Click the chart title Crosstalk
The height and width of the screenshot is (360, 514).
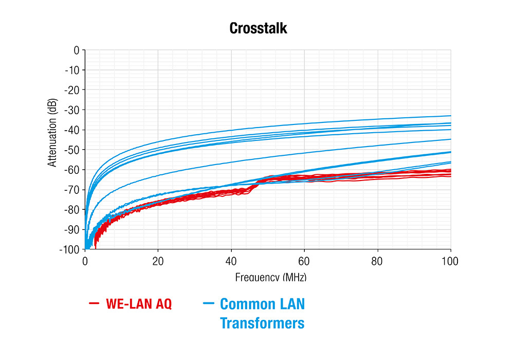258,28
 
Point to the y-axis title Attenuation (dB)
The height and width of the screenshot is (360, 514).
52,133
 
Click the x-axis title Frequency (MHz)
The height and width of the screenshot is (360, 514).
271,277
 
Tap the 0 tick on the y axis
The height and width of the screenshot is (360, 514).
76,50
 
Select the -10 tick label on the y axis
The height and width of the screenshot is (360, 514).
72,70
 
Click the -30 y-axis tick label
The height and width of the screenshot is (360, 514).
72,110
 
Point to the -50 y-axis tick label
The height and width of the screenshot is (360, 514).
72,150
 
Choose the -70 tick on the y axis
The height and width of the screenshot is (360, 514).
72,190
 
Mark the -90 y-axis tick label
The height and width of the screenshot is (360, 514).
72,229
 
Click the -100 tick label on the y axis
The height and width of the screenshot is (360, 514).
70,249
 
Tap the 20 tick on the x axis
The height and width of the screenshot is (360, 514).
158,261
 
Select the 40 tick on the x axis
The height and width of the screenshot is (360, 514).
231,261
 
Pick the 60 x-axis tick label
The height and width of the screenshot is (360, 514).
304,261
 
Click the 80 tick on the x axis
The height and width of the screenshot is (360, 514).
378,261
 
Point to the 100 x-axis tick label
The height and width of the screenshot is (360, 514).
450,261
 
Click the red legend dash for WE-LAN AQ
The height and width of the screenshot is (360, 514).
94,304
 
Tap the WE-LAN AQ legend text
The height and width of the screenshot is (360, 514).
139,304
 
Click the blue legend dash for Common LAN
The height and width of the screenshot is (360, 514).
208,304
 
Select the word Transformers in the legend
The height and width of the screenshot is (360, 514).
262,323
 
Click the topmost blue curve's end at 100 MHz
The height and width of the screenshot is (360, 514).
450,116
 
